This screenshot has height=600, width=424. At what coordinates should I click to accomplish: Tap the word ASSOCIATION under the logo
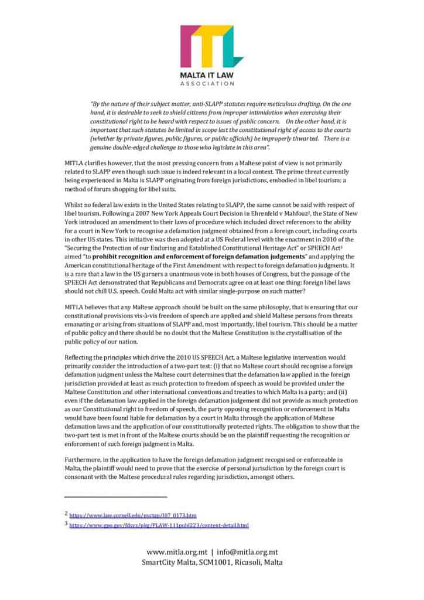[211, 84]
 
